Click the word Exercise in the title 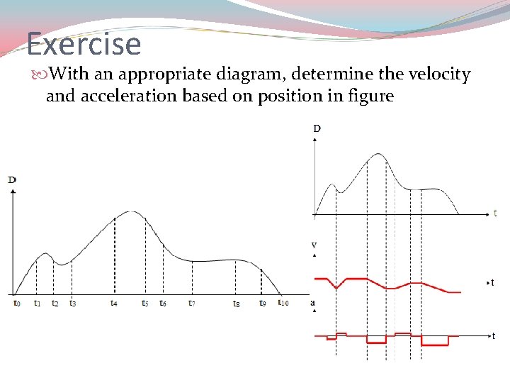click(x=84, y=44)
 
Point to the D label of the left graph click(x=12, y=180)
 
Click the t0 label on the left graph click(x=16, y=303)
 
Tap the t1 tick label click(x=37, y=303)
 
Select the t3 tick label click(x=72, y=303)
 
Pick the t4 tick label click(x=114, y=303)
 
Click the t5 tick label click(x=144, y=303)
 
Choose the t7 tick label click(x=191, y=303)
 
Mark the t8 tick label click(x=236, y=304)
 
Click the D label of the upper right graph click(x=316, y=128)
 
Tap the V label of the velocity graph click(x=314, y=245)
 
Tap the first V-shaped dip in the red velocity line click(x=338, y=287)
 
